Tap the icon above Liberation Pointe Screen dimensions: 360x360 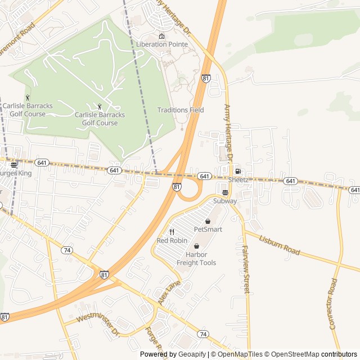(x=161, y=37)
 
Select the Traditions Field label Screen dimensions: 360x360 (x=181, y=110)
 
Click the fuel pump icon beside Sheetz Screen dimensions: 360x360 (x=238, y=171)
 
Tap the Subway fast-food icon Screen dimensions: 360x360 (x=225, y=193)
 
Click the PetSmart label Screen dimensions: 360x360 (x=208, y=229)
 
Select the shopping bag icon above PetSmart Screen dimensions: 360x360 (x=208, y=222)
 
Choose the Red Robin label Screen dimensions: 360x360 (x=172, y=241)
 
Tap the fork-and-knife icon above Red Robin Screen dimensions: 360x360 (x=172, y=232)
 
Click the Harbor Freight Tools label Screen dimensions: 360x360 (x=196, y=259)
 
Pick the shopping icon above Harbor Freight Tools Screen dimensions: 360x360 (x=196, y=246)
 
